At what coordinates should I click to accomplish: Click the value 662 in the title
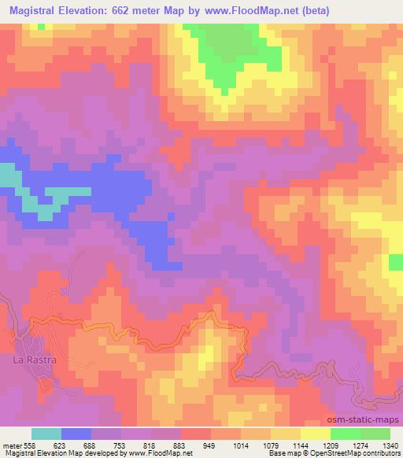[x=142, y=10]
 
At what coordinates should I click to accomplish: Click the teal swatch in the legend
[x=46, y=434]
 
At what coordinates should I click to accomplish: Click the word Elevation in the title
[x=94, y=10]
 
